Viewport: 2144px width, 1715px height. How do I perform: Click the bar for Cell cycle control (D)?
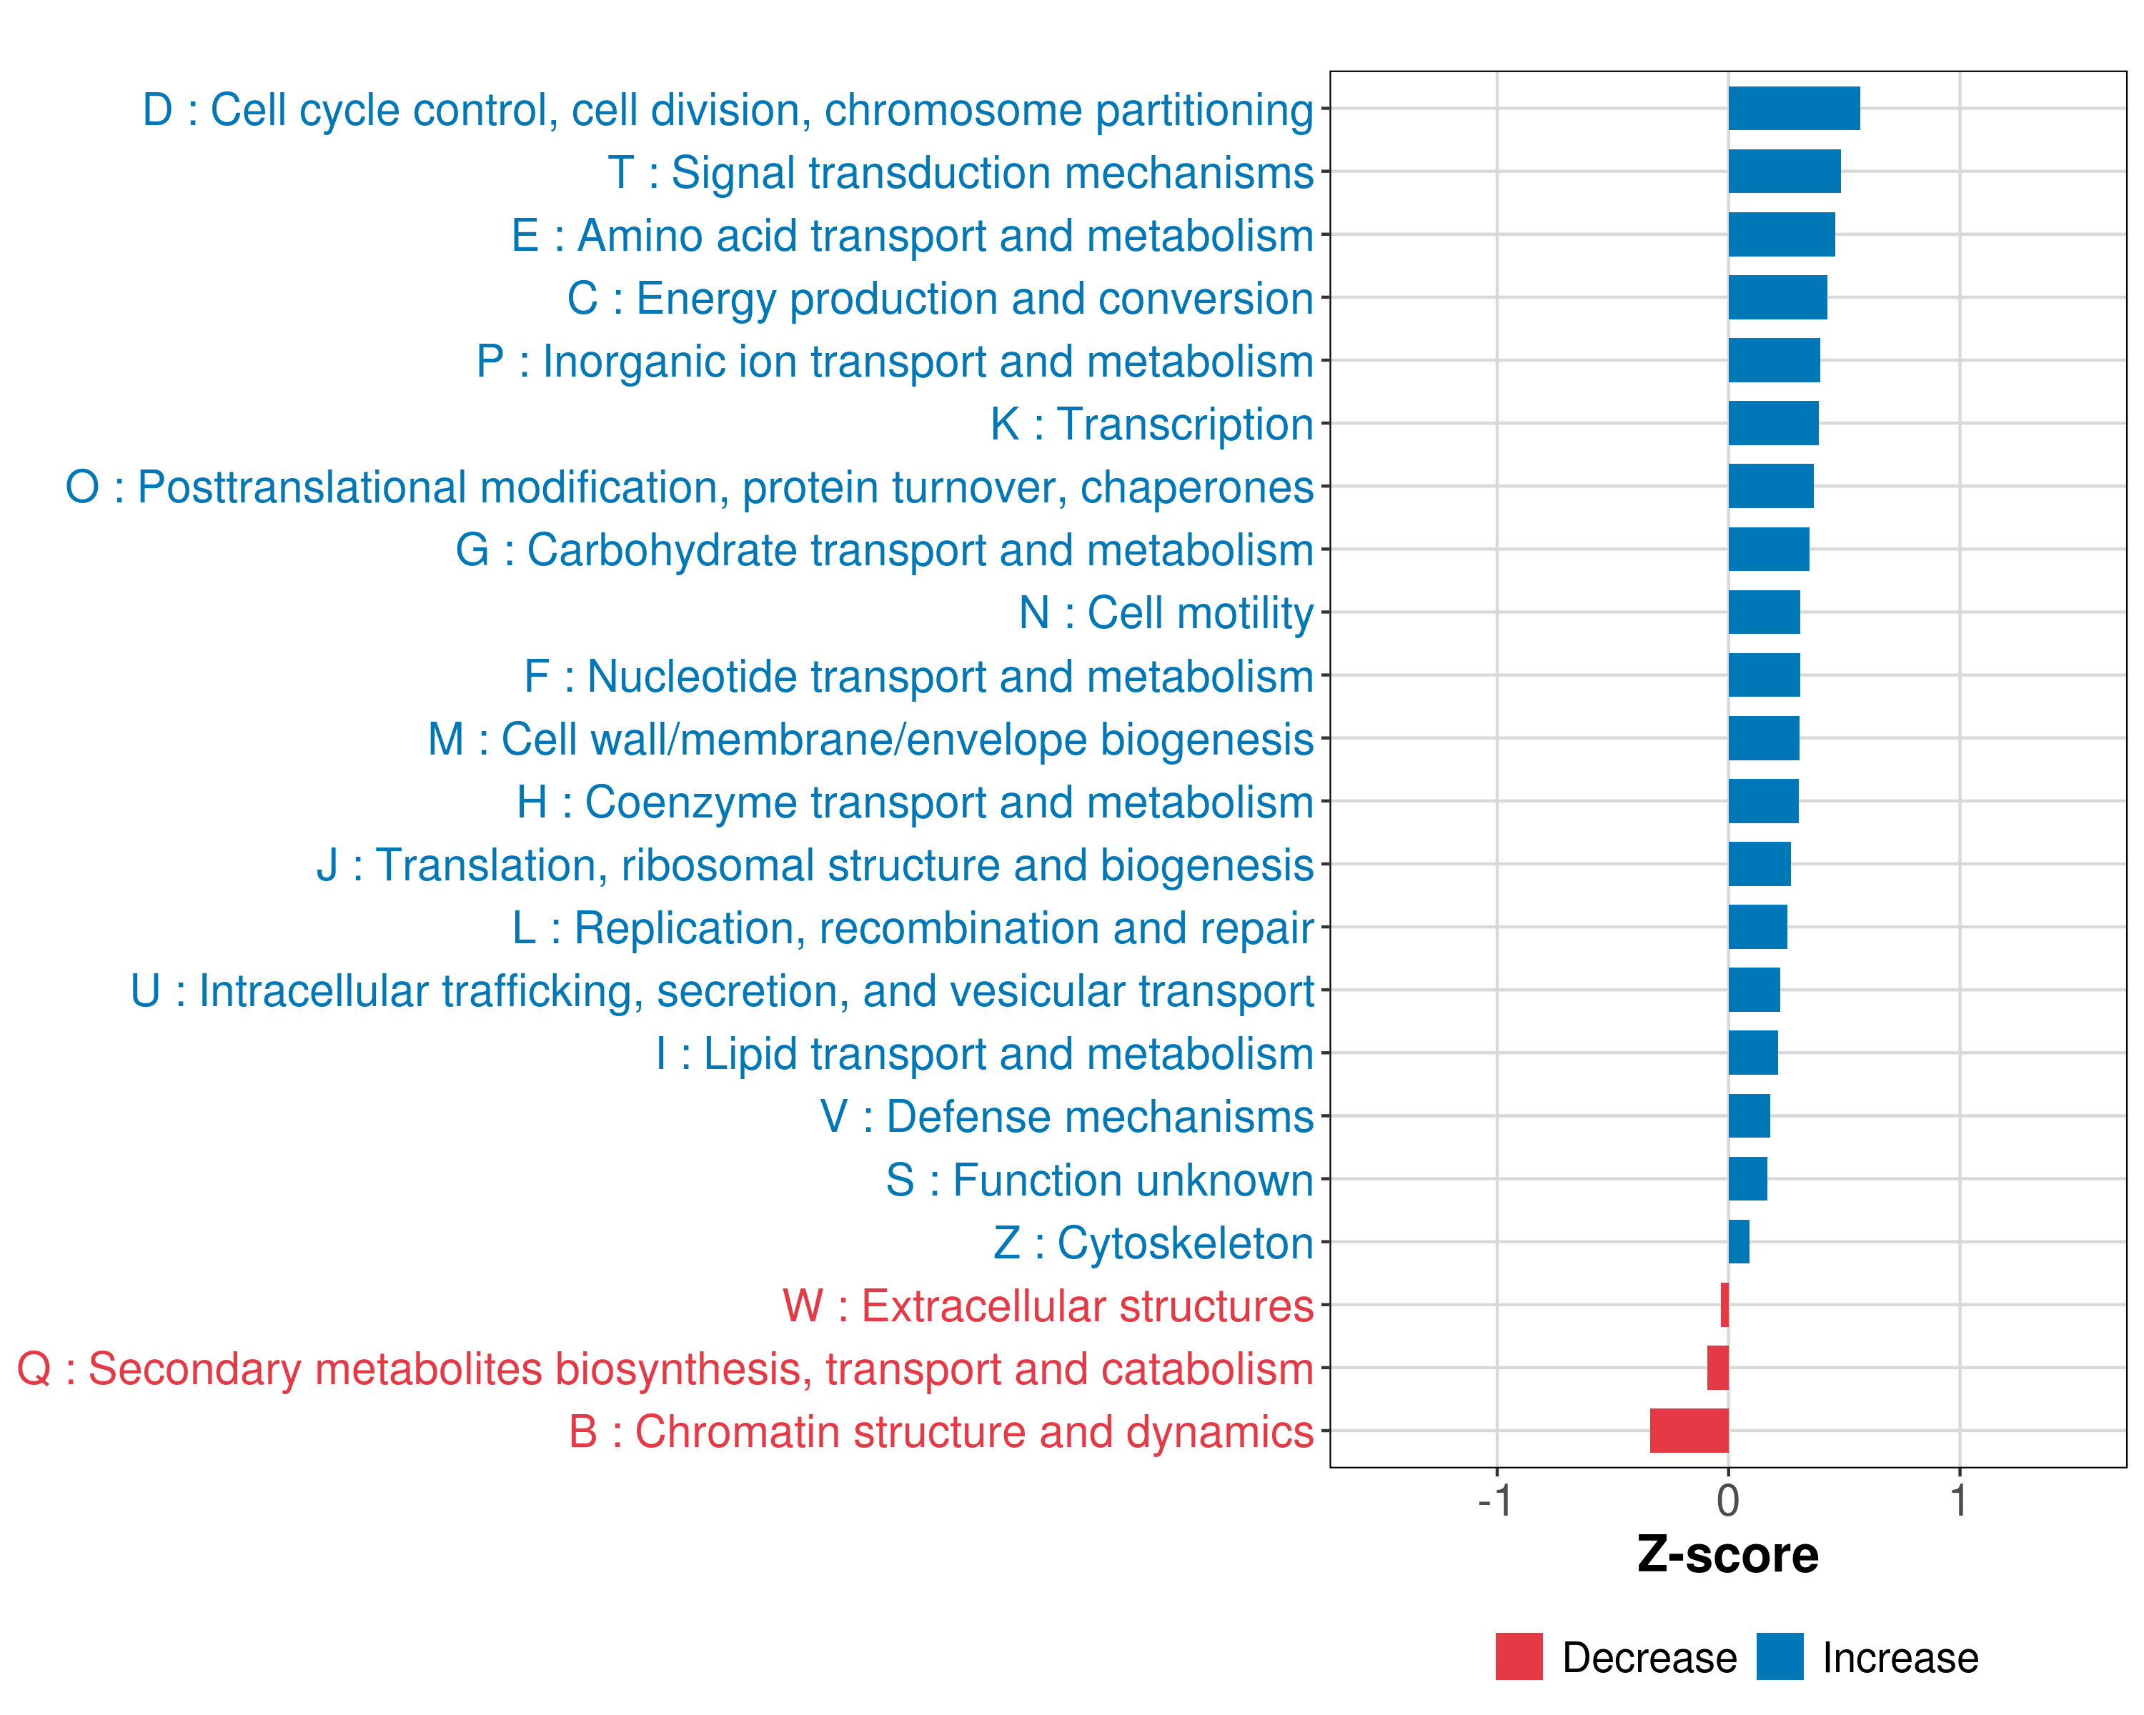pyautogui.click(x=1793, y=109)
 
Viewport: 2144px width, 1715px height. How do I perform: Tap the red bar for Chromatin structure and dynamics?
pyautogui.click(x=1689, y=1431)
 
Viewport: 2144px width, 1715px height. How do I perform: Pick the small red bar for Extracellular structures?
pyautogui.click(x=1724, y=1304)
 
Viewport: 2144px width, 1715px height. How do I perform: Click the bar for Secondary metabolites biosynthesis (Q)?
pyautogui.click(x=1717, y=1368)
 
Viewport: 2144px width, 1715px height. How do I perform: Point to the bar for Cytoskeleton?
pyautogui.click(x=1738, y=1242)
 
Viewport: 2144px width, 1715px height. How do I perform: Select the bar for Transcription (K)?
pyautogui.click(x=1773, y=424)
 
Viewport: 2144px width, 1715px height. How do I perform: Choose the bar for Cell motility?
pyautogui.click(x=1763, y=612)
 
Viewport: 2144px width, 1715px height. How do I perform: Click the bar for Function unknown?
pyautogui.click(x=1747, y=1179)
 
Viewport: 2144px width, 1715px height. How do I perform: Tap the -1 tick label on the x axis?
pyautogui.click(x=1494, y=1501)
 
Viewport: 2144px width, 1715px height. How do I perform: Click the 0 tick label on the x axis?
pyautogui.click(x=1728, y=1501)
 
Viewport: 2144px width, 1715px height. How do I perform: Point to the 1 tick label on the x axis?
pyautogui.click(x=1959, y=1501)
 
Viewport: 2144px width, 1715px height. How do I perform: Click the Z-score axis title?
pyautogui.click(x=1728, y=1555)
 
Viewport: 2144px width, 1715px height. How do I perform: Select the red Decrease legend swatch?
pyautogui.click(x=1519, y=1656)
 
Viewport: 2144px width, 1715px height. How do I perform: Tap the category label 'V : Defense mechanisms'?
pyautogui.click(x=1066, y=1116)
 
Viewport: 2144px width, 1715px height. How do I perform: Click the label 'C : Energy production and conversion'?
pyautogui.click(x=940, y=298)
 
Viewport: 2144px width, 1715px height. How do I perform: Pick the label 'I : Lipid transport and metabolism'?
pyautogui.click(x=985, y=1054)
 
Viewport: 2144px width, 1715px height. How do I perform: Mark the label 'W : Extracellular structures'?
pyautogui.click(x=1048, y=1306)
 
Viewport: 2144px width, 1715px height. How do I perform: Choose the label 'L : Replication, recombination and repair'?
pyautogui.click(x=913, y=928)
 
